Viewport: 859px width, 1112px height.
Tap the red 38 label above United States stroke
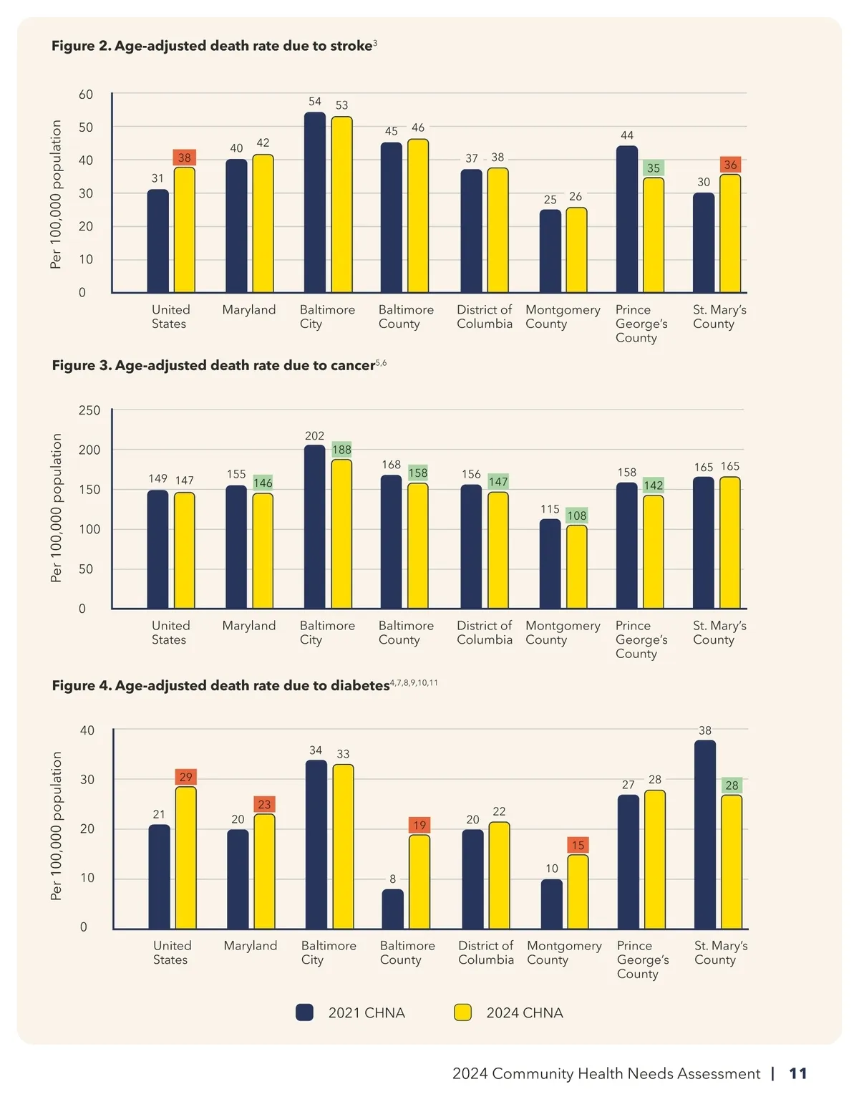pos(185,158)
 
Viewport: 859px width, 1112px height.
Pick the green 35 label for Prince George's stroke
pos(654,168)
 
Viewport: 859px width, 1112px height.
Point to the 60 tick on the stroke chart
pos(86,95)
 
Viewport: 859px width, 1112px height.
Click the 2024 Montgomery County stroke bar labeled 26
pos(576,250)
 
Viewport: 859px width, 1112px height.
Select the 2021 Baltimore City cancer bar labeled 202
pos(315,527)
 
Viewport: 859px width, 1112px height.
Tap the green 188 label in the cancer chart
pos(341,450)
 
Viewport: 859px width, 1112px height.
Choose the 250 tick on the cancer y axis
pos(89,410)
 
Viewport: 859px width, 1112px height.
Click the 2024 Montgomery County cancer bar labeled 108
pos(576,567)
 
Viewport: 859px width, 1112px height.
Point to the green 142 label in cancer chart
pos(654,485)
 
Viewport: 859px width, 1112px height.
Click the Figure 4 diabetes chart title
pos(220,685)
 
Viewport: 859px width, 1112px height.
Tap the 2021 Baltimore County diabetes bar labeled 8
pos(392,909)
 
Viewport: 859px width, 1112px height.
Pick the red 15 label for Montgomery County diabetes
pos(578,846)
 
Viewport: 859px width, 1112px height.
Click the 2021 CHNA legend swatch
pos(305,1012)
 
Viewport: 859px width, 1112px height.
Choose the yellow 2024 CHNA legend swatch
pos(463,1012)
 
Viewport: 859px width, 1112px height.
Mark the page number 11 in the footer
pos(797,1073)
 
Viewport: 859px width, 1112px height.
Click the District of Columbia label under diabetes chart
pos(486,952)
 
